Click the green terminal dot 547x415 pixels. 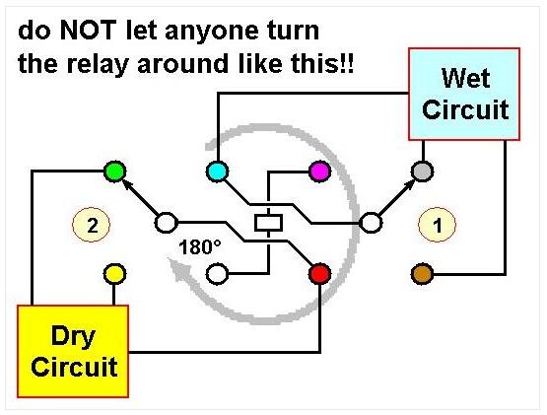114,172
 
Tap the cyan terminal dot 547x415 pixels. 218,172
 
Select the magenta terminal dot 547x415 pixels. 319,172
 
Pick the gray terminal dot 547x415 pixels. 423,172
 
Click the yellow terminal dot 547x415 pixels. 114,274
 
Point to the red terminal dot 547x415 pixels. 319,274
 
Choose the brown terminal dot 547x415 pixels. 423,274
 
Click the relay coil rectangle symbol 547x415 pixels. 268,223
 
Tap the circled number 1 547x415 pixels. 438,225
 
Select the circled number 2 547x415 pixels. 92,225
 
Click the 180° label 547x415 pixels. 199,247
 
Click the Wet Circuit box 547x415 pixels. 464,95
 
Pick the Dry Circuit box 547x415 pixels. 73,351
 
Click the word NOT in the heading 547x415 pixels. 89,31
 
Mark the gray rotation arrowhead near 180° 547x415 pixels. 177,269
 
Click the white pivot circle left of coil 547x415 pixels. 166,223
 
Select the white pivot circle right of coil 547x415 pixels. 371,223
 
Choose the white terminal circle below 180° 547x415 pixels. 218,274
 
